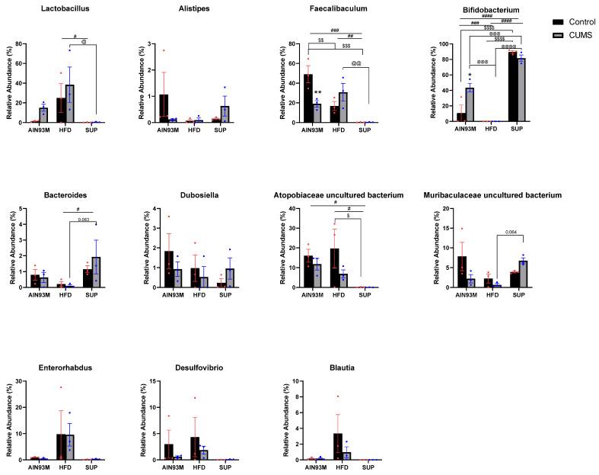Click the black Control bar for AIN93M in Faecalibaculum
coord(307,98)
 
